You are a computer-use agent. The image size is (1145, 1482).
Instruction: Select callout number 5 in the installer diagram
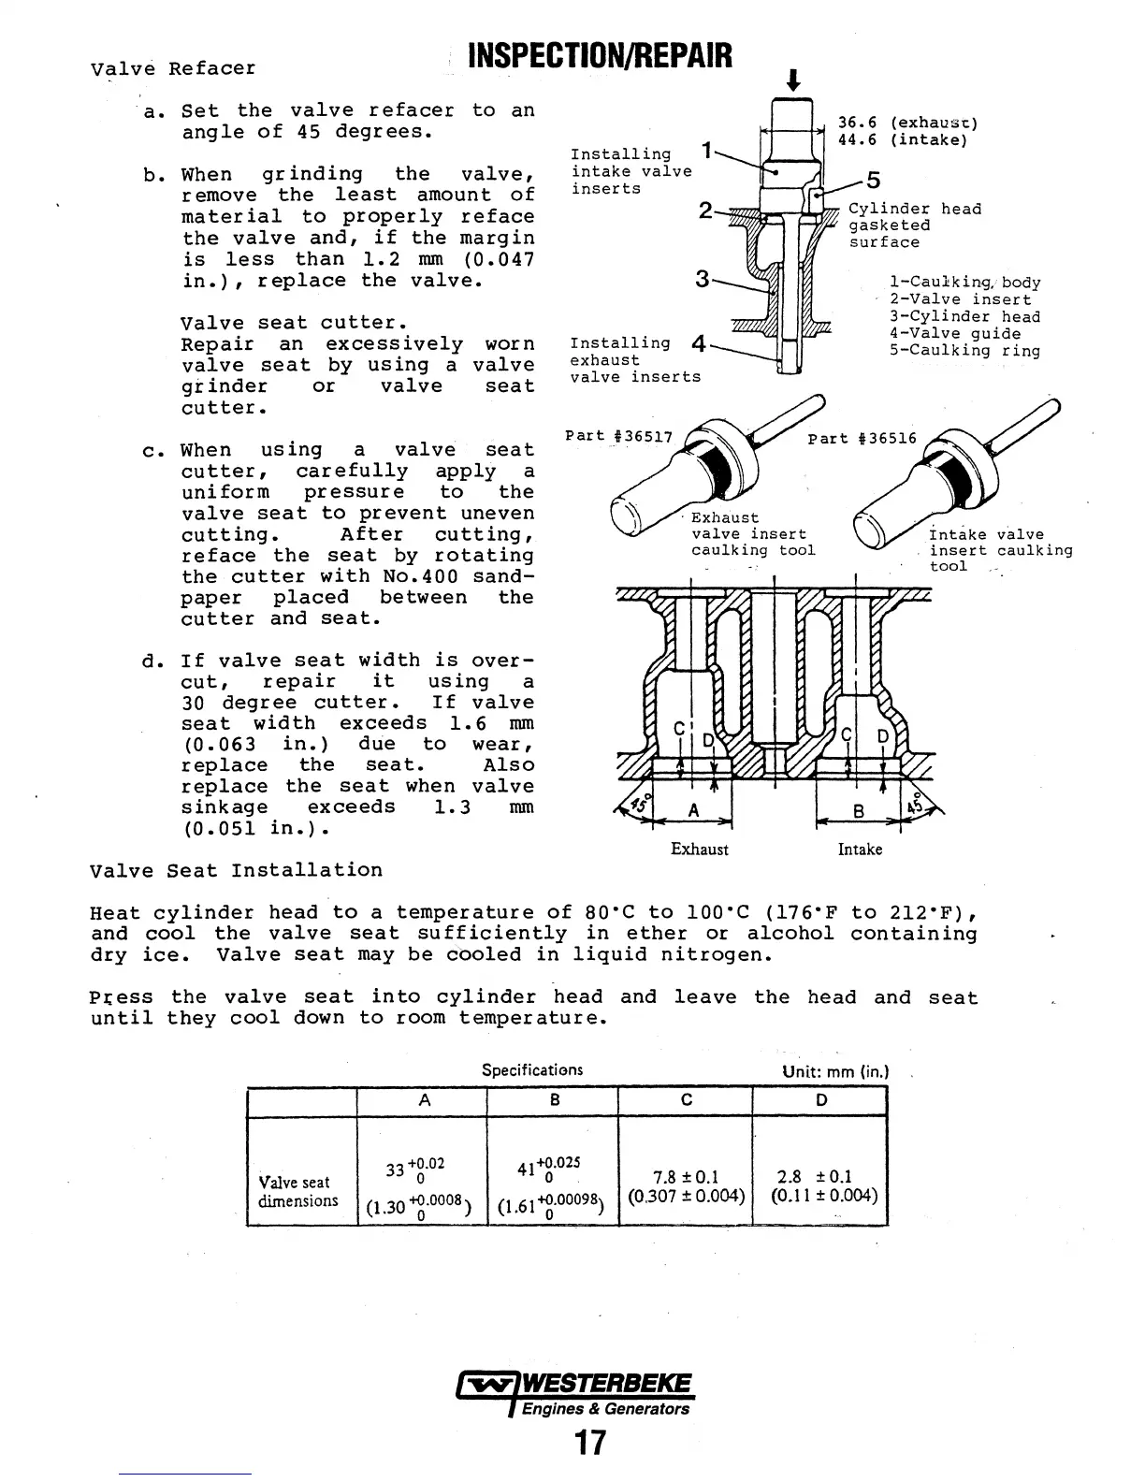pos(873,181)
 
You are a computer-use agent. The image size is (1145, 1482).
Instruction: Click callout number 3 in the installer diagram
pos(703,278)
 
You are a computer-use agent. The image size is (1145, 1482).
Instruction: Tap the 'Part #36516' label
pos(862,439)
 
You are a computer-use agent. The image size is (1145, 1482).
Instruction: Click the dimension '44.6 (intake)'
pos(901,140)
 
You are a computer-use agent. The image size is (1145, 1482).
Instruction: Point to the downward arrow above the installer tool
pos(793,80)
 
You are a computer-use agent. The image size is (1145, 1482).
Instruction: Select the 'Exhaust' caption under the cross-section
pos(699,850)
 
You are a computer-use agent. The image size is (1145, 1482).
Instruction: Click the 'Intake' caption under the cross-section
pos(860,850)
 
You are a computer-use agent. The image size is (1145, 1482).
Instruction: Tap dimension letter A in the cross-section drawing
pos(693,811)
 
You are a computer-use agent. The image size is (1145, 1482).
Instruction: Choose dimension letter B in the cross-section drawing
pos(858,812)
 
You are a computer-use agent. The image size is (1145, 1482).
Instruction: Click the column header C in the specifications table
pos(686,1101)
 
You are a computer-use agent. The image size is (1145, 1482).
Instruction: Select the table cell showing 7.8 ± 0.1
pos(686,1177)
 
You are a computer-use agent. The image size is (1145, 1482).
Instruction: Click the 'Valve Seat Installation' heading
pos(236,871)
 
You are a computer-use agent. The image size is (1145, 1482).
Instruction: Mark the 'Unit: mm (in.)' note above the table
pos(834,1072)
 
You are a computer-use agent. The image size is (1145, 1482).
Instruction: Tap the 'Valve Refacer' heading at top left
pos(173,69)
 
